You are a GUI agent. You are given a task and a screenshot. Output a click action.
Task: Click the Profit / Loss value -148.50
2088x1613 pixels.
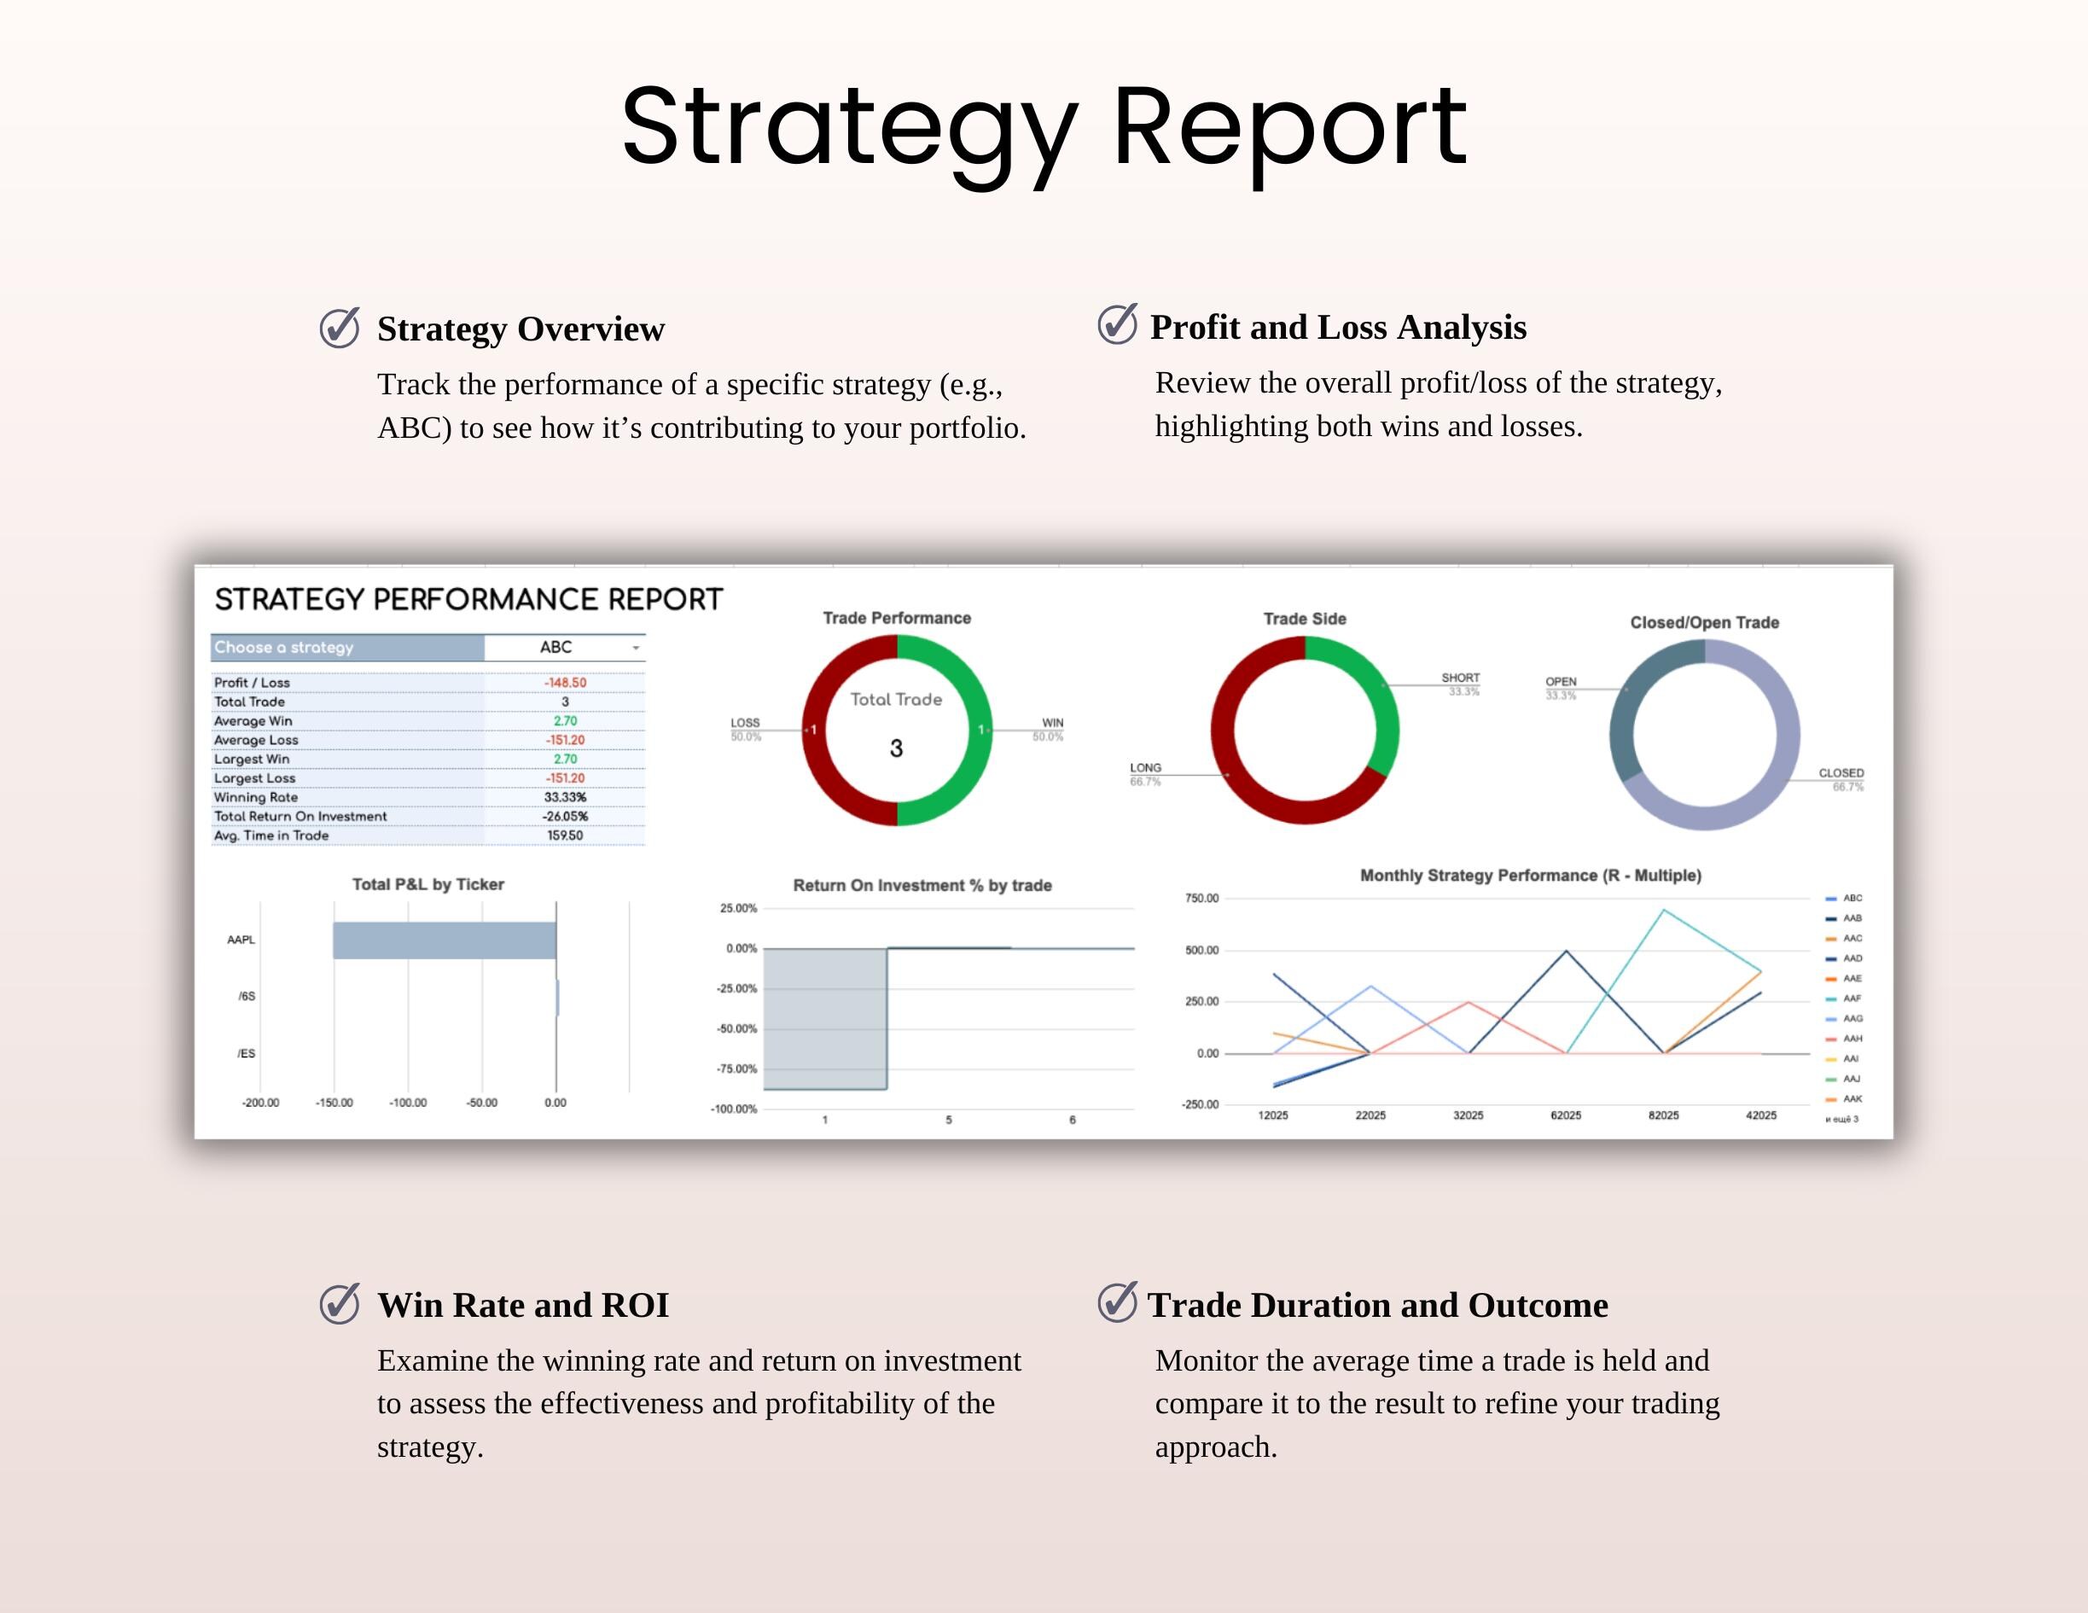565,683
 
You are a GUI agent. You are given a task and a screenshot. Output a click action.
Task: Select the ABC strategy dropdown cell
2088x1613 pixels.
563,647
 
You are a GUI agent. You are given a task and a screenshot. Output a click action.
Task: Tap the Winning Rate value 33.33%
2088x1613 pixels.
565,797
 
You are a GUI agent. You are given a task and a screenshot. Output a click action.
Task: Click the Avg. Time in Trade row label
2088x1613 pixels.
271,836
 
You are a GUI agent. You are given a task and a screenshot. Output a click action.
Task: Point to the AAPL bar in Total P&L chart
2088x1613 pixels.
445,940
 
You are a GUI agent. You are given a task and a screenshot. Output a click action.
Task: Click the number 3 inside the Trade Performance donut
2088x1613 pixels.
896,748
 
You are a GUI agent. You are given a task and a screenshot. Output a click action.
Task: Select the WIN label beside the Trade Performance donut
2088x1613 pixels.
1053,723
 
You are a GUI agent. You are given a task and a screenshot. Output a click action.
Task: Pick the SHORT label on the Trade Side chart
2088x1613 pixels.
1460,678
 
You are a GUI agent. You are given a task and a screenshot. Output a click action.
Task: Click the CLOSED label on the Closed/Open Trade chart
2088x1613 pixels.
1841,773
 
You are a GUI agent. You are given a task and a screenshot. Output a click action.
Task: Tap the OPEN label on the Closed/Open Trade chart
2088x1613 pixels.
1561,682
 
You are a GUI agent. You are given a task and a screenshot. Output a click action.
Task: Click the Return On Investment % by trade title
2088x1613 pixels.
922,885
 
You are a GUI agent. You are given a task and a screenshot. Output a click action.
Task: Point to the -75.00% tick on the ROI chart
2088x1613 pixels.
737,1069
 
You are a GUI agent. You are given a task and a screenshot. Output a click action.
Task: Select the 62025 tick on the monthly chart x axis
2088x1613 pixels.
1565,1115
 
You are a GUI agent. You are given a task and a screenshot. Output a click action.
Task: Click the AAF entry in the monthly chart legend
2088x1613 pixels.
1851,999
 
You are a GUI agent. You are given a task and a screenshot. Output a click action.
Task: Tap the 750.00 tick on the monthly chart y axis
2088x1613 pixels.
1201,899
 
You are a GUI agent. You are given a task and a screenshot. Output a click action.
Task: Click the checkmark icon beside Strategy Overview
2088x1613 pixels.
340,328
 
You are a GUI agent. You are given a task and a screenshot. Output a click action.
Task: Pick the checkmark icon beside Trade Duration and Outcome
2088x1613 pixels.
1117,1302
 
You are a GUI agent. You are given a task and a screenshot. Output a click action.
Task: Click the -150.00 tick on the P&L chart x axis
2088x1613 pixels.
334,1103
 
